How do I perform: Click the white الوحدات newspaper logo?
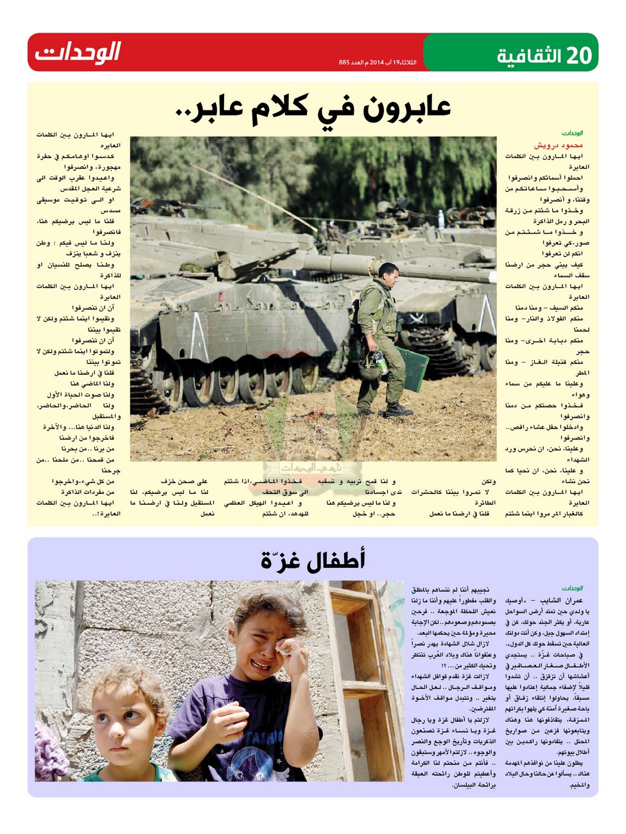pos(78,52)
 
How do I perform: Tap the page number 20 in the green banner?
pos(577,56)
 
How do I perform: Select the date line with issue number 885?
pos(377,62)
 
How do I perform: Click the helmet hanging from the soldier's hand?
pos(370,367)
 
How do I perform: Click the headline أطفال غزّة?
pos(313,560)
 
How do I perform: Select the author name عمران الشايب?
pos(561,600)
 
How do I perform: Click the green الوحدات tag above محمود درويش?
pos(572,133)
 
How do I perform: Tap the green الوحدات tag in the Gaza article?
pos(572,588)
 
